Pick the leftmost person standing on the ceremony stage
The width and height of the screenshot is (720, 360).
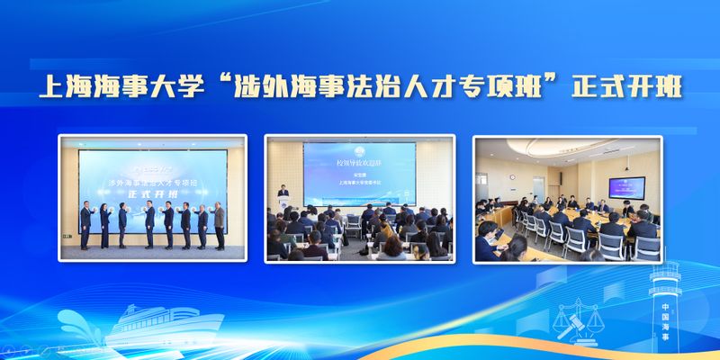click(x=85, y=225)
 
